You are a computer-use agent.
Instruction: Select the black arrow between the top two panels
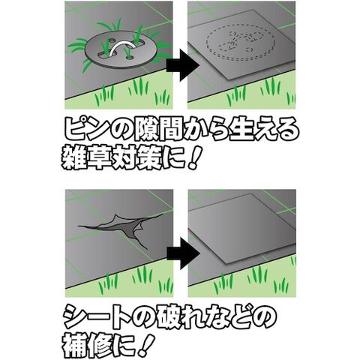point(183,65)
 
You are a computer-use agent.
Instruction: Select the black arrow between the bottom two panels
point(183,253)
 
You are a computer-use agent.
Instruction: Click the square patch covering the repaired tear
point(242,228)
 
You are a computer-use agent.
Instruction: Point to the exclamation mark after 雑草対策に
point(193,157)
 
